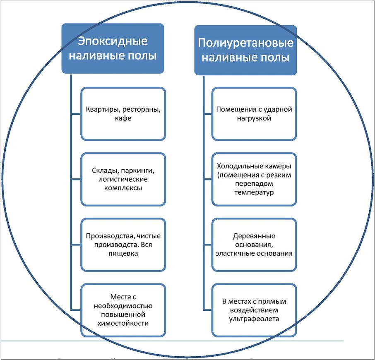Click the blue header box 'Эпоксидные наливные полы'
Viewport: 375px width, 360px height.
[x=113, y=48]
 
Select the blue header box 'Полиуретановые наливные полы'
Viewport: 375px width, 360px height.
[x=245, y=50]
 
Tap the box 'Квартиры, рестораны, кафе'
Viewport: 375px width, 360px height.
[x=123, y=114]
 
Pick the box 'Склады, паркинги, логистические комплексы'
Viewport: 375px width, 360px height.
[x=123, y=179]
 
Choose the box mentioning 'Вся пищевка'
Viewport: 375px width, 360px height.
[x=123, y=245]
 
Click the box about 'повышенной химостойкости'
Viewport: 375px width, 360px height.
[x=123, y=310]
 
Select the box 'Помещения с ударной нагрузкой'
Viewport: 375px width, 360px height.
[x=254, y=114]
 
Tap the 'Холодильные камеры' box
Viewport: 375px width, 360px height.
[x=254, y=179]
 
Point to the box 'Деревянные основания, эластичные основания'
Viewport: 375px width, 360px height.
[x=254, y=245]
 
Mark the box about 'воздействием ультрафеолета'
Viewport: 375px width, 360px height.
[x=254, y=310]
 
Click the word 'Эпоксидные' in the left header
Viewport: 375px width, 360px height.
[x=113, y=41]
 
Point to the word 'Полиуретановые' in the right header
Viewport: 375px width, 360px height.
[x=245, y=43]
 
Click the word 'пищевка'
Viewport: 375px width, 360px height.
[x=123, y=254]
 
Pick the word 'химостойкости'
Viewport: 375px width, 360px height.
[x=123, y=323]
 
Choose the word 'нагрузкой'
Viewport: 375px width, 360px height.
[x=254, y=118]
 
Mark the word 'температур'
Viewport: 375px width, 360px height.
[x=254, y=192]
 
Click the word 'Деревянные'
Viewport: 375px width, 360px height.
[x=254, y=236]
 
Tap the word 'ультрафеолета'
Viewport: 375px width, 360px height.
[x=254, y=319]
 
